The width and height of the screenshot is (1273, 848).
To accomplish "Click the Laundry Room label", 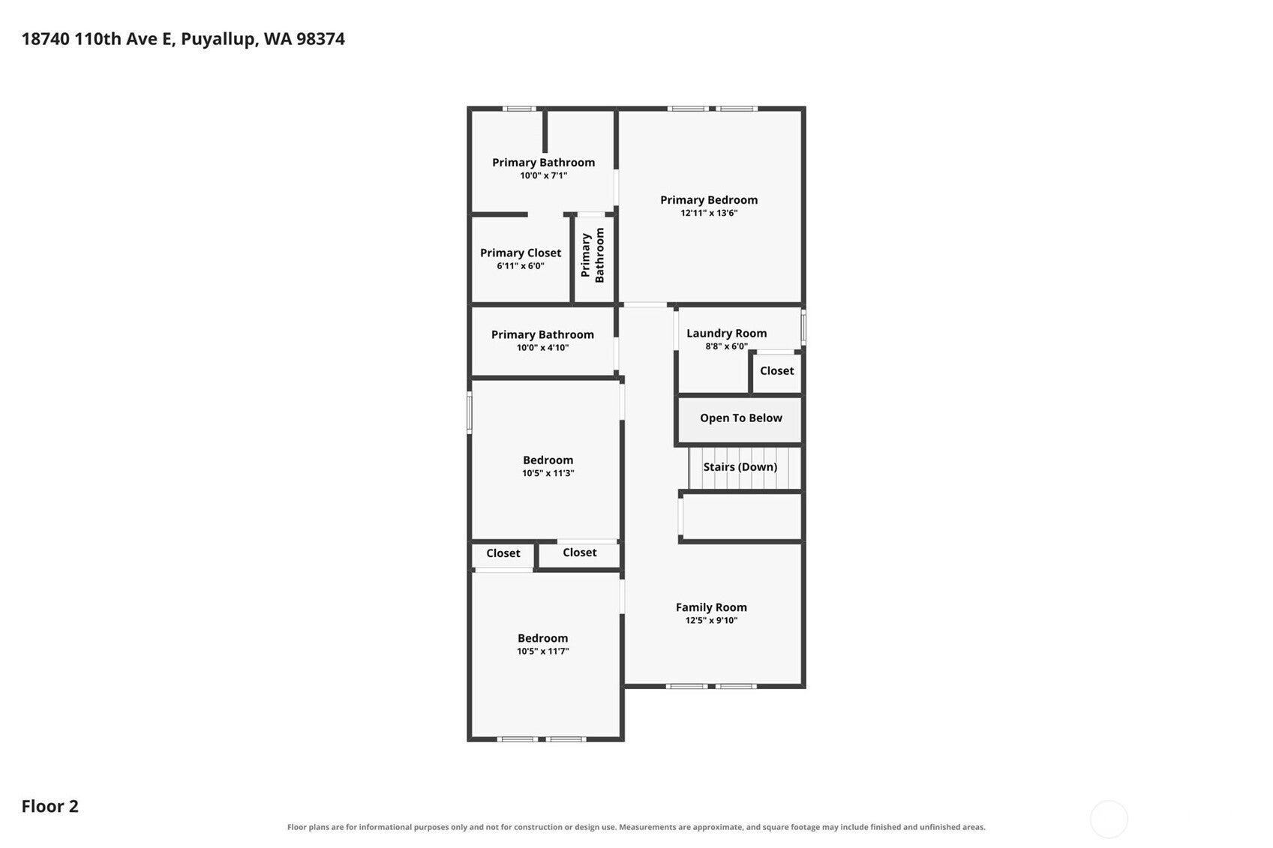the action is (x=726, y=334).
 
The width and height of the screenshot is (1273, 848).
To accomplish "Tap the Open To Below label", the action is (x=741, y=418).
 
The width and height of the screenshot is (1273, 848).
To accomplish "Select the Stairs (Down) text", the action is (x=740, y=467).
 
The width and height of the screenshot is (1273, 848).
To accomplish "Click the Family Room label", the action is (x=711, y=607).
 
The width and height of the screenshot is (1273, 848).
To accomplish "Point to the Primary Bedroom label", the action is (x=709, y=200).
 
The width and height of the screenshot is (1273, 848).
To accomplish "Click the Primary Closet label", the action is (x=521, y=253).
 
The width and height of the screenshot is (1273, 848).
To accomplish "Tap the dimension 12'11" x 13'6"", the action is (x=709, y=213).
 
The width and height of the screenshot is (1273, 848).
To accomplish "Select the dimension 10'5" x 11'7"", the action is (x=542, y=651).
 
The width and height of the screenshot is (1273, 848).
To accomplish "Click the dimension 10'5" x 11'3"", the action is (x=548, y=473).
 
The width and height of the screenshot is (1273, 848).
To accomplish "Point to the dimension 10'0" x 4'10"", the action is (x=542, y=348).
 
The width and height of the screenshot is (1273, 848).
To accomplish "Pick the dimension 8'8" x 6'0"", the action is (x=726, y=346).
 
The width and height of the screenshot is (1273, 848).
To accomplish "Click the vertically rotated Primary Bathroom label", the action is (x=592, y=256).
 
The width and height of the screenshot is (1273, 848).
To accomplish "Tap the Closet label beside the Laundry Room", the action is (x=777, y=371).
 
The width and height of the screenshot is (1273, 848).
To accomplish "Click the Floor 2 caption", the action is (x=50, y=806).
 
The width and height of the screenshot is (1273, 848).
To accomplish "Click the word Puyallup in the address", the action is (x=220, y=39).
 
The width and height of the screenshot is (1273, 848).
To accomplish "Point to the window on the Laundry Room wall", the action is (x=803, y=327).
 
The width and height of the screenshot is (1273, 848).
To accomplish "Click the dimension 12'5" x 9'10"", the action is (x=711, y=620).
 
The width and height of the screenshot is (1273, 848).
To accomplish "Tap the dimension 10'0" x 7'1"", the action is (x=543, y=175).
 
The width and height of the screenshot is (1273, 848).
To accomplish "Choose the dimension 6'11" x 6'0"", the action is (x=521, y=266).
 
